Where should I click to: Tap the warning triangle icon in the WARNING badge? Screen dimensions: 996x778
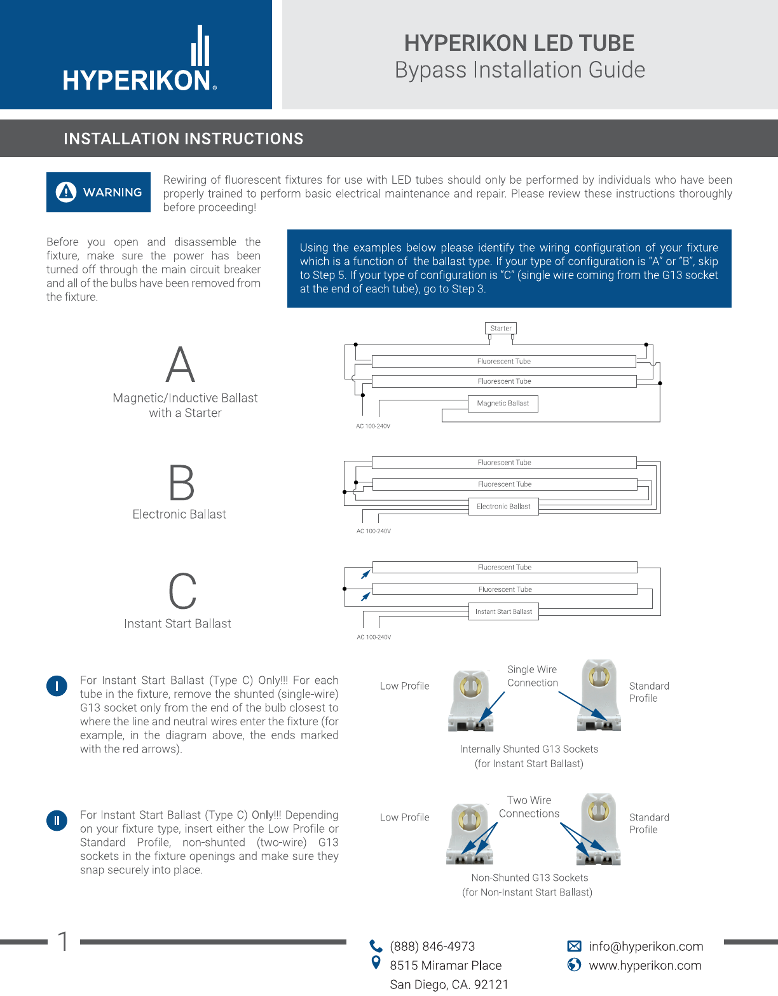point(66,191)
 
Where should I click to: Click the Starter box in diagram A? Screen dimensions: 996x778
point(501,328)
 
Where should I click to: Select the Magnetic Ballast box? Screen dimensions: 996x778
point(503,403)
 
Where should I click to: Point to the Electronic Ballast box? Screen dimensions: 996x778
point(503,507)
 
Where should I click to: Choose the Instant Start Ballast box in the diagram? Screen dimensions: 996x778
point(503,611)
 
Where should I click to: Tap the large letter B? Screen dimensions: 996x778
point(182,482)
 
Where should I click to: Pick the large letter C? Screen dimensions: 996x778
point(182,591)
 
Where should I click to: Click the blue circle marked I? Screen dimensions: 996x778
point(57,686)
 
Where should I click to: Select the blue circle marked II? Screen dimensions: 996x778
point(57,821)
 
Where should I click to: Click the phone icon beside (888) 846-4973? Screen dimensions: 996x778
point(376,946)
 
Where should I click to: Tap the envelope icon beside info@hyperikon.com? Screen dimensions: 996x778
point(574,946)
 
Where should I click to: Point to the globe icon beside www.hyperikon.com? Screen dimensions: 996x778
point(574,965)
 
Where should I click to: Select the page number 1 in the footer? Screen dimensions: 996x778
point(63,941)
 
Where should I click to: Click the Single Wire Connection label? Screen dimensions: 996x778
point(532,676)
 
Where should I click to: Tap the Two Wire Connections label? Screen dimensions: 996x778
point(529,807)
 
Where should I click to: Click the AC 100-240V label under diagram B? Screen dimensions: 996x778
point(374,531)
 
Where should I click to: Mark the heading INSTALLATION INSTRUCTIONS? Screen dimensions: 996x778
point(184,139)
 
